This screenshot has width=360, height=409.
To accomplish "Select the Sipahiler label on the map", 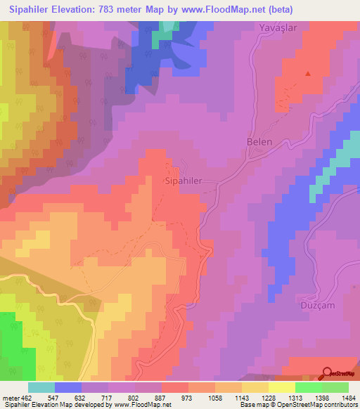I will pyautogui.click(x=183, y=181).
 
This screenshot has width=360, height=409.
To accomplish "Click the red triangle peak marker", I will pyautogui.click(x=307, y=72).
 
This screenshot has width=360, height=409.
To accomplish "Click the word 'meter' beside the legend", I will pyautogui.click(x=11, y=397).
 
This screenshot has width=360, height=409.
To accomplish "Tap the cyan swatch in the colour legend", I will pyautogui.click(x=41, y=387).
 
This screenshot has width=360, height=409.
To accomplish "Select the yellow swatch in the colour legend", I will pyautogui.click(x=281, y=387).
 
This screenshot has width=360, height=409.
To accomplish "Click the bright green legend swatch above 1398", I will pyautogui.click(x=308, y=387).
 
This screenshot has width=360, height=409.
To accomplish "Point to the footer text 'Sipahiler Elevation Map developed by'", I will pyautogui.click(x=55, y=405).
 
